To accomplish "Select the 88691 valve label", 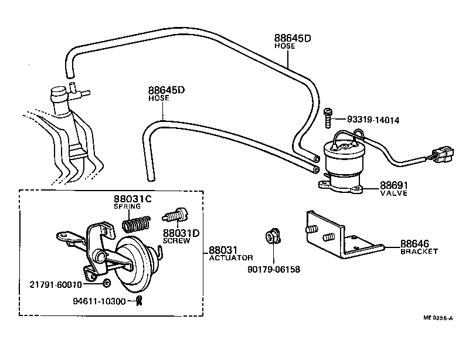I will (x=393, y=184).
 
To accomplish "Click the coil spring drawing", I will (x=135, y=224).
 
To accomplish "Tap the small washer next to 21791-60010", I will (x=106, y=284).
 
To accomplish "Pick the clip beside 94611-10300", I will (x=139, y=301).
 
